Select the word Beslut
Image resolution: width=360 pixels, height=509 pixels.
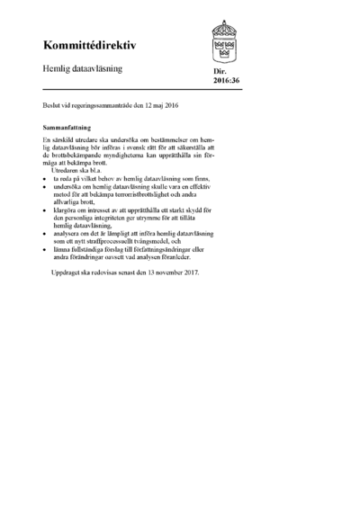[52, 106]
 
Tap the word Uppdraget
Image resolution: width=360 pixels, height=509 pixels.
[70, 273]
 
